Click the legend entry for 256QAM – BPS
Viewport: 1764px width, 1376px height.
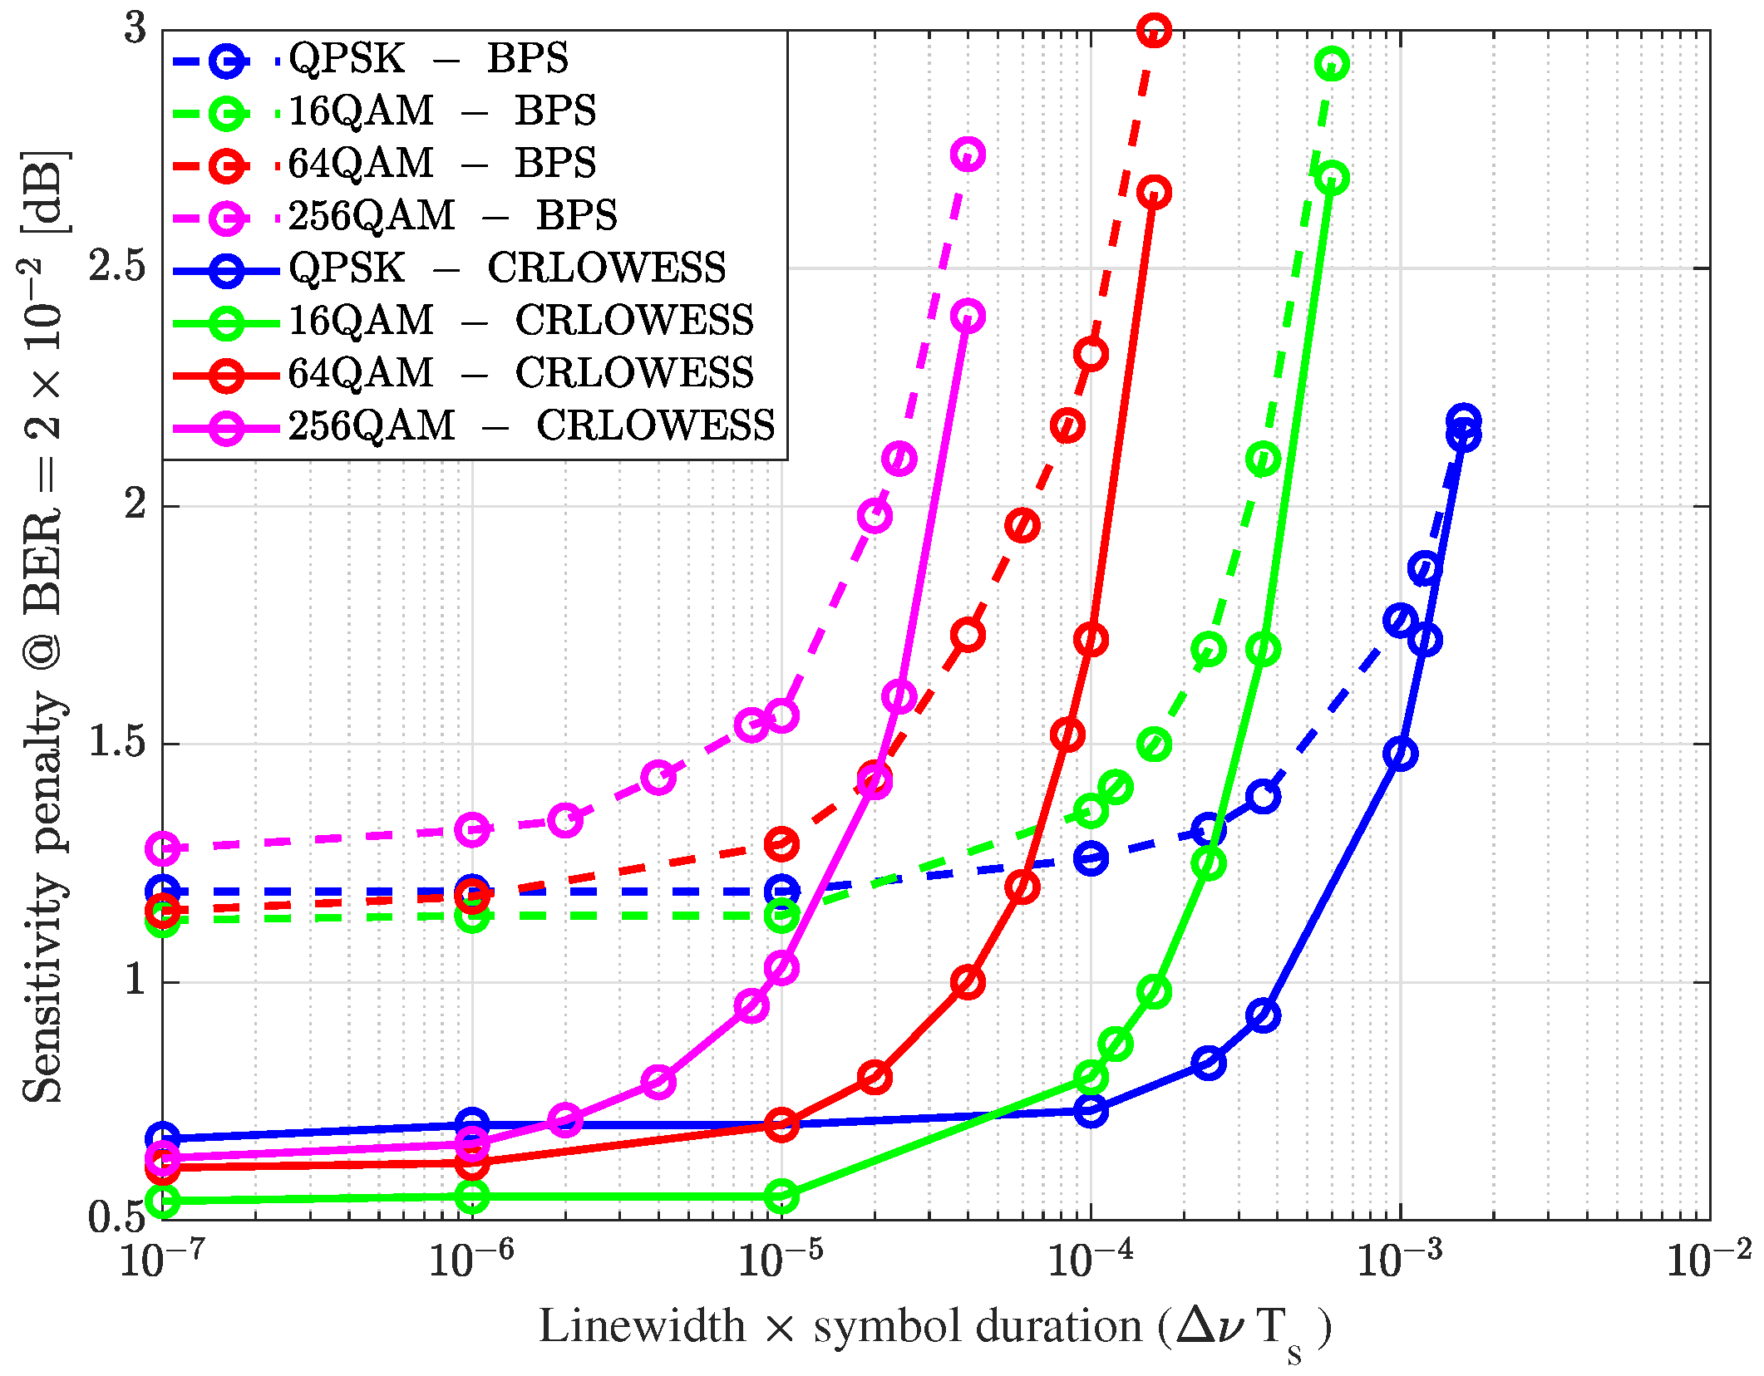tap(453, 216)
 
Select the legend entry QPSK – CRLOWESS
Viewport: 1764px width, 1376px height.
tap(507, 268)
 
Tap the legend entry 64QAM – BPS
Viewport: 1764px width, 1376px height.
tap(441, 164)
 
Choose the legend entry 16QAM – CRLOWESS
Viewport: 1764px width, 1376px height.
tap(520, 322)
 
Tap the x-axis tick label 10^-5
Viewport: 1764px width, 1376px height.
tap(780, 1260)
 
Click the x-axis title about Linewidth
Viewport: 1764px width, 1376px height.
tap(934, 1326)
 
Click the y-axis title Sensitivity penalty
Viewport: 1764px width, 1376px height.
tap(43, 628)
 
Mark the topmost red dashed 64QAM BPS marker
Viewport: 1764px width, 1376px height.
tap(1154, 31)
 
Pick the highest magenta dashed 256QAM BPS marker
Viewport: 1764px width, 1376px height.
tap(968, 155)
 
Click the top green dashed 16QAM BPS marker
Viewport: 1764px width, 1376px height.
tap(1332, 64)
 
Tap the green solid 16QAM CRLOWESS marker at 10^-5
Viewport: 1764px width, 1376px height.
tap(781, 1197)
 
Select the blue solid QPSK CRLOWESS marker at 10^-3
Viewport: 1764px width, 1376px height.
tap(1401, 754)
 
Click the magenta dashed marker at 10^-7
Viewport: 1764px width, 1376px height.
tap(163, 848)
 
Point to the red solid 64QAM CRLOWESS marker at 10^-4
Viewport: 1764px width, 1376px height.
tap(1091, 640)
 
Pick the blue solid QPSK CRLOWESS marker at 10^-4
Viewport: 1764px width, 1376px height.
tap(1091, 1110)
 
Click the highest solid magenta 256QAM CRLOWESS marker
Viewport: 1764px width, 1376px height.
tap(968, 316)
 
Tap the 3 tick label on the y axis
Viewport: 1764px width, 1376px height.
tap(136, 29)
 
